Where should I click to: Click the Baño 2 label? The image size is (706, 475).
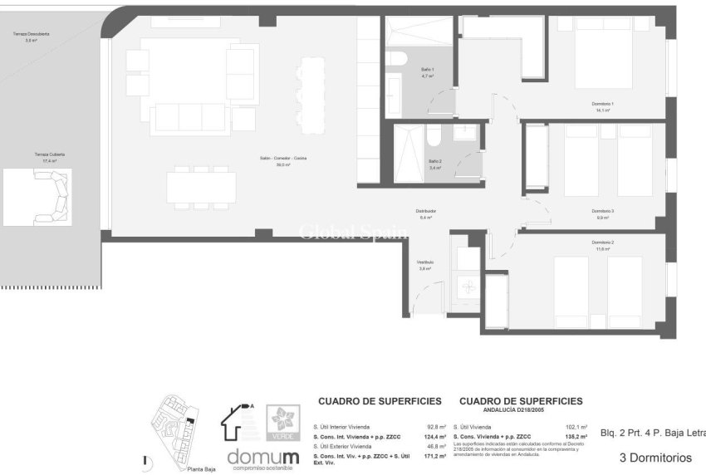435,164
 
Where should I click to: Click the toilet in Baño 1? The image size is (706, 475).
395,60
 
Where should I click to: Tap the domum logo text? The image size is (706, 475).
262,457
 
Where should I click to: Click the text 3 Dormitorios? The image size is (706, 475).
655,458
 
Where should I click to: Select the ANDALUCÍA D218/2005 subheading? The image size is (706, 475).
520,409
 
